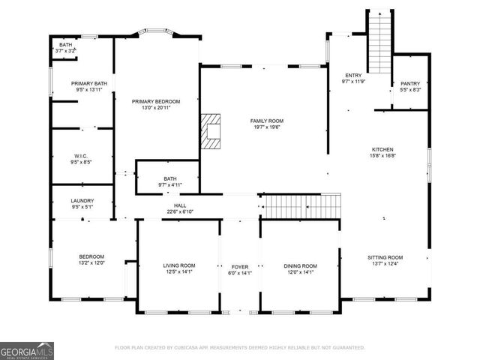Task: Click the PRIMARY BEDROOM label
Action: coord(156,100)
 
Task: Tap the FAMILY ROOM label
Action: coord(267,121)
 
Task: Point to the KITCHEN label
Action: coord(382,149)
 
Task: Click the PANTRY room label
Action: coord(410,83)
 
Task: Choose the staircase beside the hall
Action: coord(300,205)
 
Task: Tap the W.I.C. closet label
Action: coord(82,156)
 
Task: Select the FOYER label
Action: coord(240,266)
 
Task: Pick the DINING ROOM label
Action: coord(300,266)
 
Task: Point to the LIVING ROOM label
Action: coord(179,265)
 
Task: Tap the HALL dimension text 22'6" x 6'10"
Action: coord(180,211)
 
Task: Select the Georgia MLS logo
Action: coord(27,350)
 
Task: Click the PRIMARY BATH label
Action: coord(89,83)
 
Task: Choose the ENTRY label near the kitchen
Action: coord(353,76)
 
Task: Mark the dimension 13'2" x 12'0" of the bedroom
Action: coord(92,263)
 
